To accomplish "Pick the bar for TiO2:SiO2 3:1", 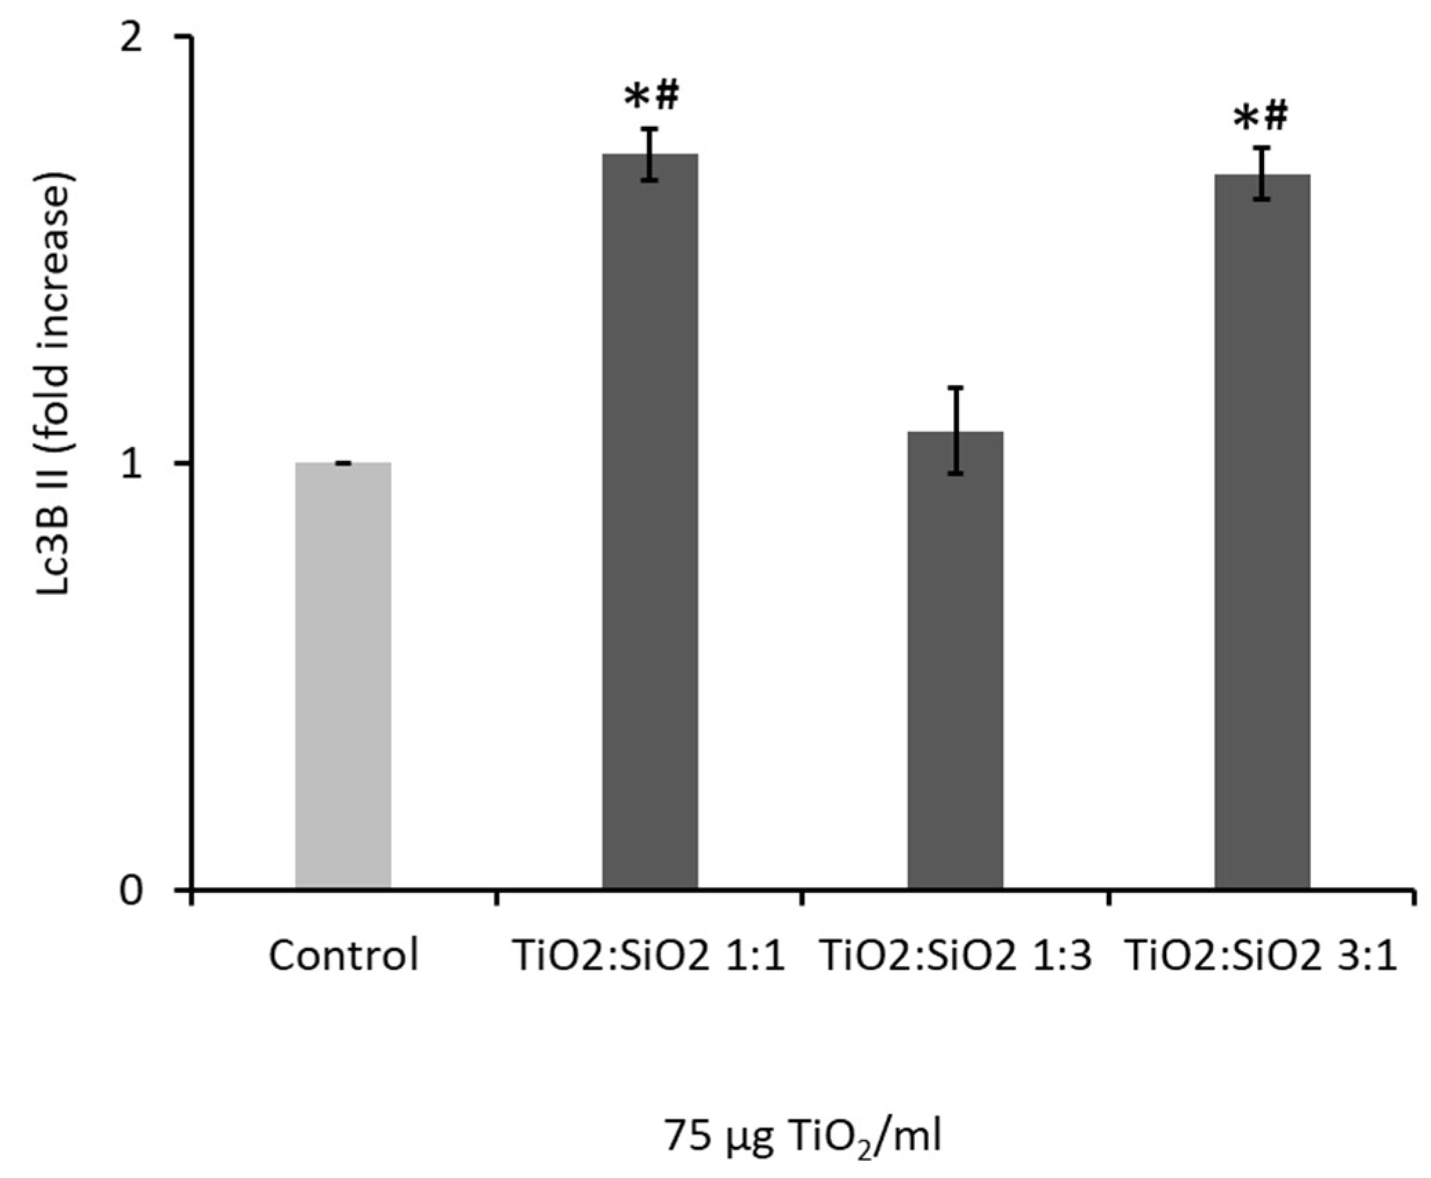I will pos(1262,531).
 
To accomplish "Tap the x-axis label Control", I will pos(343,956).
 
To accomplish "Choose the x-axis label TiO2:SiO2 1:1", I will pos(649,956).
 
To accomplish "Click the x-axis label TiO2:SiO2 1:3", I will pos(956,956).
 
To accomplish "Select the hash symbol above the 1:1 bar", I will pos(667,96).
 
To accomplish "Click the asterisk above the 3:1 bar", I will pos(1245,119).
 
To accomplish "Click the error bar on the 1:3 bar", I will pos(956,431).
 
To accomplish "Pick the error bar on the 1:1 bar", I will pos(650,155).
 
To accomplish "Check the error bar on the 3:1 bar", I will pos(1262,173).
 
